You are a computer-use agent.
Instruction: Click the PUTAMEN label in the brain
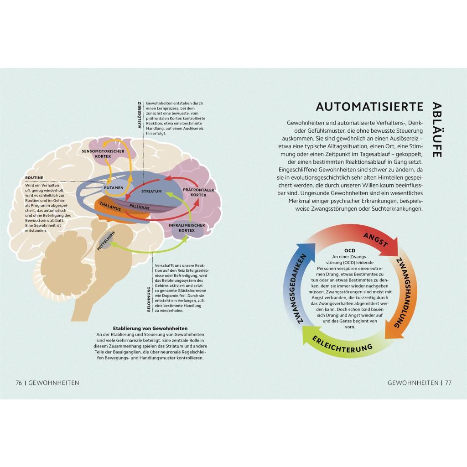point(114,187)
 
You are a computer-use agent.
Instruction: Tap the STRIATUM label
point(151,191)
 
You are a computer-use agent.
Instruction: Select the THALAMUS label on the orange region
point(110,207)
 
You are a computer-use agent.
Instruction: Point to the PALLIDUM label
point(140,207)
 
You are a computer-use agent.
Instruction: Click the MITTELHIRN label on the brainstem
point(106,241)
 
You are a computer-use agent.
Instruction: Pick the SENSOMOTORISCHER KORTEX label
point(103,154)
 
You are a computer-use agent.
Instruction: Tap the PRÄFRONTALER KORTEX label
point(198,192)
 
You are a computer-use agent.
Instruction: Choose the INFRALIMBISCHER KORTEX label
point(187,228)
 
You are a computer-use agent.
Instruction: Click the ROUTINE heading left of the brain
point(34,178)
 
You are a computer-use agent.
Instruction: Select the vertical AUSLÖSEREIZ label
point(140,115)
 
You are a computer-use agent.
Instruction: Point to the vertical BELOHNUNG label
point(149,299)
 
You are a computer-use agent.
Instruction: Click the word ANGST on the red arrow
point(376,240)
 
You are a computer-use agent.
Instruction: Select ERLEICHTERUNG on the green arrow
point(342,345)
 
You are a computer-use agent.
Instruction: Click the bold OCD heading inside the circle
point(350,251)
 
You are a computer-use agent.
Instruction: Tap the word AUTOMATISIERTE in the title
point(369,107)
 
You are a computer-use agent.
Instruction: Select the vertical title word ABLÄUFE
point(436,130)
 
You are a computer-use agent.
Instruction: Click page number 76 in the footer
point(19,383)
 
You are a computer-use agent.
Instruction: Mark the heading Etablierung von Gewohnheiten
point(150,328)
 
